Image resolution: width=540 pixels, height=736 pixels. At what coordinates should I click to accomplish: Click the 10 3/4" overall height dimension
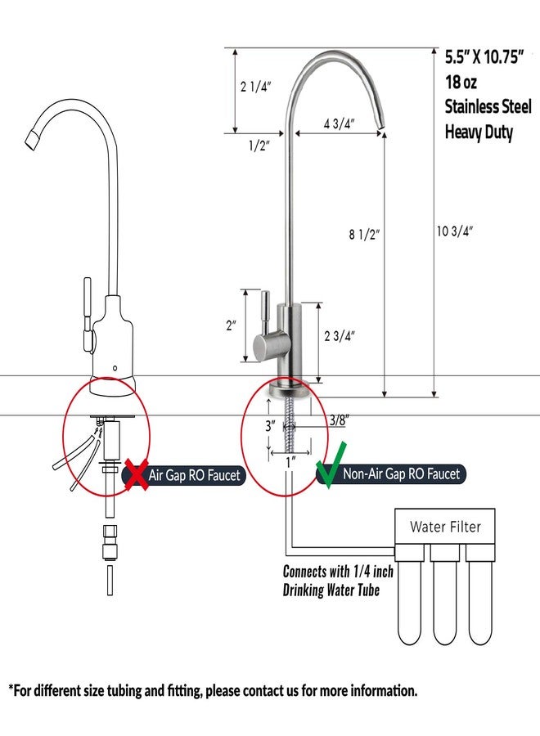(x=455, y=231)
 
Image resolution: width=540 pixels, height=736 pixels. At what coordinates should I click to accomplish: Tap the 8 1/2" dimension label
(x=364, y=234)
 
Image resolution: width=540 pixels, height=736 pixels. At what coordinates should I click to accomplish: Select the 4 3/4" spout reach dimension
(x=339, y=124)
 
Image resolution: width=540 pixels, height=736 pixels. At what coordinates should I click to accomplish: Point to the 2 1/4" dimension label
(x=256, y=87)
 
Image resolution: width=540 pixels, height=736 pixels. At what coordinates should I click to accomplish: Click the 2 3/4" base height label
(x=340, y=336)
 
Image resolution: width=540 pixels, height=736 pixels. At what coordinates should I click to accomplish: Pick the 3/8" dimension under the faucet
(x=339, y=420)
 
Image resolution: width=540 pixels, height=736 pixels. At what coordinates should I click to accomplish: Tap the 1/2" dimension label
(x=259, y=146)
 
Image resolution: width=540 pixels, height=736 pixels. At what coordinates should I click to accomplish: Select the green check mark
(x=331, y=464)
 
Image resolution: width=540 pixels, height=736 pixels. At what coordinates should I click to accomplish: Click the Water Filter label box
(x=444, y=526)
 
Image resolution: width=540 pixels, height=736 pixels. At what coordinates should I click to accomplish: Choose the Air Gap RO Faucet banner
(x=184, y=475)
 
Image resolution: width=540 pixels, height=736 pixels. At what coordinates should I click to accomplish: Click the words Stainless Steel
(x=488, y=106)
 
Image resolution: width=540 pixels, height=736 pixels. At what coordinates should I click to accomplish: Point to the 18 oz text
(x=461, y=82)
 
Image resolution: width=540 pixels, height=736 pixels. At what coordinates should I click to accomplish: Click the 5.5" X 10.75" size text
(x=484, y=56)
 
